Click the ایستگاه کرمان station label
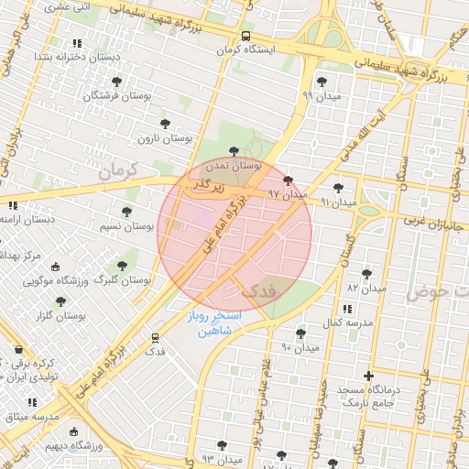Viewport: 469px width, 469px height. coord(245,49)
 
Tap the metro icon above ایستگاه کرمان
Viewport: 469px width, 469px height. coord(245,37)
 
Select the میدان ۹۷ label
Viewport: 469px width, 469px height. coord(287,194)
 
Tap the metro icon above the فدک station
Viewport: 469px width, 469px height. coord(155,338)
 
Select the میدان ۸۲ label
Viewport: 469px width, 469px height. coord(366,288)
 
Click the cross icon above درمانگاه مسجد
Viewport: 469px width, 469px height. coord(368,375)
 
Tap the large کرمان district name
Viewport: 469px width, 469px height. coord(116,170)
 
